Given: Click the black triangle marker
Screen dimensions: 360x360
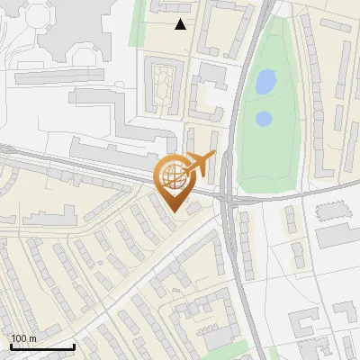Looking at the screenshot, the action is (x=181, y=25).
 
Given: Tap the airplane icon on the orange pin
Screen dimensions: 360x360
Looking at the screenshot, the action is (x=200, y=164).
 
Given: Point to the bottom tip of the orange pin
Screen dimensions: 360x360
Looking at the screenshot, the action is (x=175, y=212).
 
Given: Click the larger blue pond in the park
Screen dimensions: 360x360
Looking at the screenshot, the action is (x=265, y=83).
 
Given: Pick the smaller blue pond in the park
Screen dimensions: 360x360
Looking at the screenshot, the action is (x=263, y=118).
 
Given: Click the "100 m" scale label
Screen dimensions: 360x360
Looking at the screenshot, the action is (x=23, y=338).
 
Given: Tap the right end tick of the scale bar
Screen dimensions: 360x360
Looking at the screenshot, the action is (x=74, y=346).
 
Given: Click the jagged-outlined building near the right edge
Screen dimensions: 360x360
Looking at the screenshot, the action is (x=331, y=211).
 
